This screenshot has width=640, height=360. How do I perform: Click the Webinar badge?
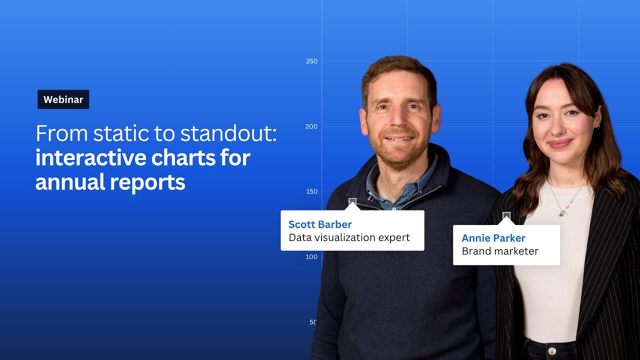coord(63,99)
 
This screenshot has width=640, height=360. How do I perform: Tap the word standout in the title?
coord(228,134)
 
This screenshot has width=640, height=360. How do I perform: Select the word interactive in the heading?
coord(88,158)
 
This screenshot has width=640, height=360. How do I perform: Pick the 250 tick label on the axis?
coord(311,61)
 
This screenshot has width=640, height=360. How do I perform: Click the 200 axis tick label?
coord(311,126)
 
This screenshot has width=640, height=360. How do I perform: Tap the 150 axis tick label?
coord(311,191)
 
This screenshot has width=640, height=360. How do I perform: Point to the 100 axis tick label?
coord(311,256)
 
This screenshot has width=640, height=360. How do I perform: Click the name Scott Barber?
coord(320,224)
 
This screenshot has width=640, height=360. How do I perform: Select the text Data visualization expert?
coord(349,238)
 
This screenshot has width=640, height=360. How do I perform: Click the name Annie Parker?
coord(493,238)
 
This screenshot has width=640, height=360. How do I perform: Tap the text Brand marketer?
coord(500,251)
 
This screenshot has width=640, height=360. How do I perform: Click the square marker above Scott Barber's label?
coord(352,202)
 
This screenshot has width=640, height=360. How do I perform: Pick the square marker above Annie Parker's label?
coord(506,216)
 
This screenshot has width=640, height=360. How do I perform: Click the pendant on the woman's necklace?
coord(562,213)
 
